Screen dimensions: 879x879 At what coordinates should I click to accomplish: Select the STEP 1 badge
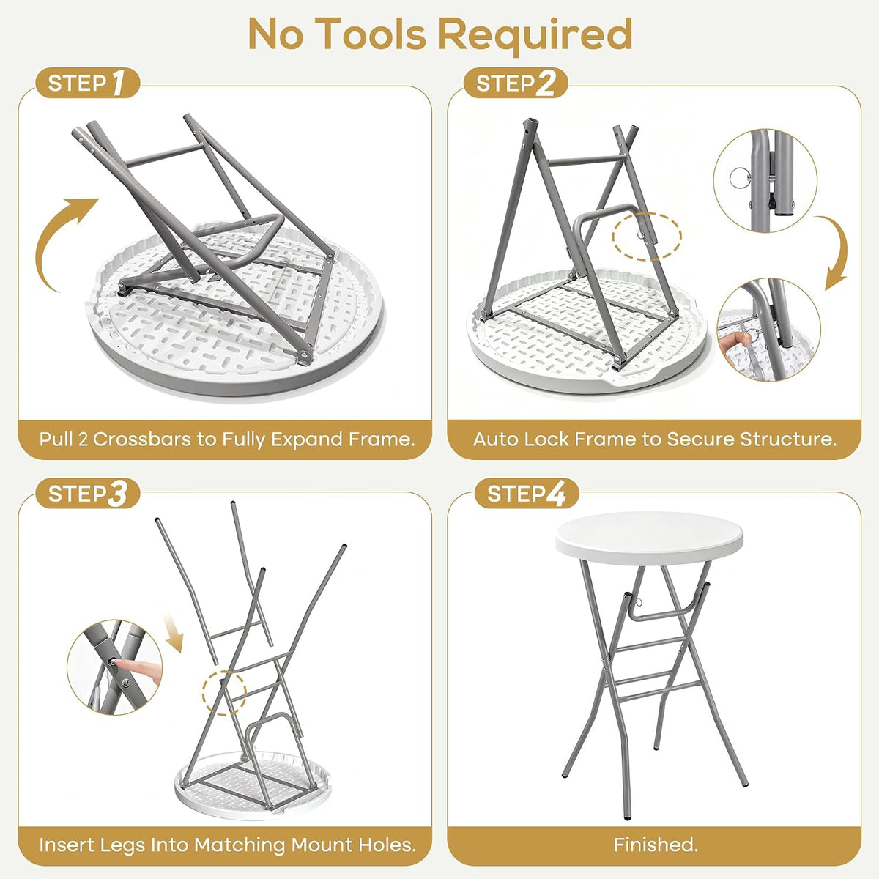(x=87, y=83)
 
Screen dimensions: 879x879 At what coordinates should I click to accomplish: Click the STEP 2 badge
(x=516, y=83)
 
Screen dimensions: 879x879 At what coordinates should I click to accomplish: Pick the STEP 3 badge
(x=88, y=494)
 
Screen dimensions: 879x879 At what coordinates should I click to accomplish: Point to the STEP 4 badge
(x=527, y=494)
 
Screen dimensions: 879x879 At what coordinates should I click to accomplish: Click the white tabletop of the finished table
(x=649, y=538)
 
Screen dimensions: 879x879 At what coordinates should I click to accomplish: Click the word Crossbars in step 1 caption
(x=142, y=439)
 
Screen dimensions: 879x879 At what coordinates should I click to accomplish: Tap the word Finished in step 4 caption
(x=656, y=845)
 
